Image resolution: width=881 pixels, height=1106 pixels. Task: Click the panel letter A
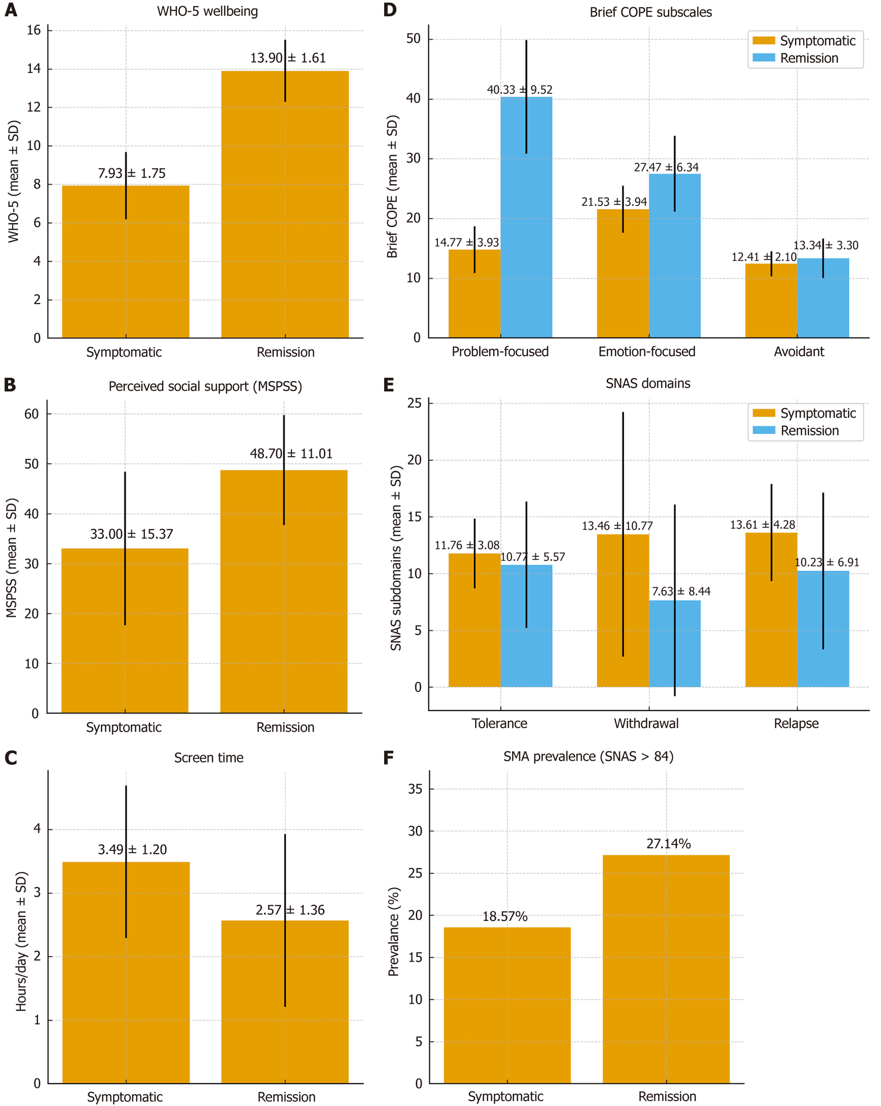click(11, 10)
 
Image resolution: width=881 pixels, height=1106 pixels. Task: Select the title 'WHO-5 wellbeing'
click(207, 11)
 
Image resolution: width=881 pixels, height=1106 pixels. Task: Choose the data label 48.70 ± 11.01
click(291, 453)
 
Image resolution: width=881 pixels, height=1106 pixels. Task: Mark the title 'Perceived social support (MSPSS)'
click(205, 386)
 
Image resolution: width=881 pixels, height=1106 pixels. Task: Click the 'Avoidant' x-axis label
click(799, 351)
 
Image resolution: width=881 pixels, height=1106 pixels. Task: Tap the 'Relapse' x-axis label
click(796, 723)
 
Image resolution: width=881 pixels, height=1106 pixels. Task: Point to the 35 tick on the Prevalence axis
click(415, 789)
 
